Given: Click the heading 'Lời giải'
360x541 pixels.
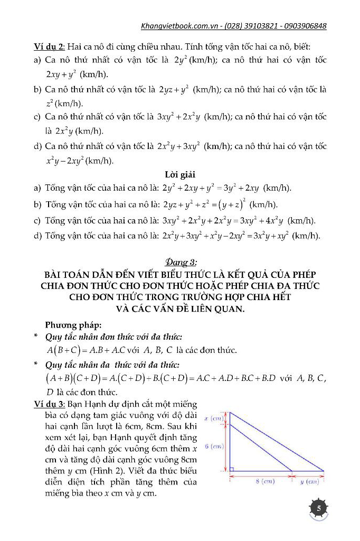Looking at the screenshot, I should click(179, 174).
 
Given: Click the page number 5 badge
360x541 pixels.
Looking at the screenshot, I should click(318, 508).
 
